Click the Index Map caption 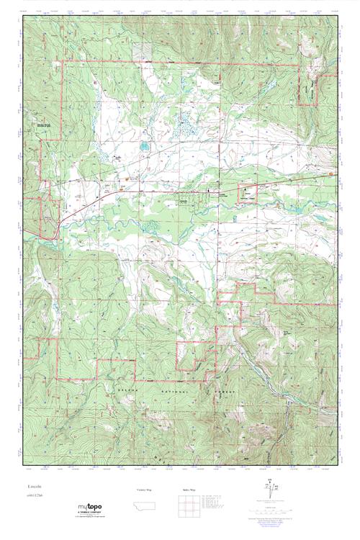186,490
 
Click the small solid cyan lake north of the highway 144,147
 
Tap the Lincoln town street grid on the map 189,199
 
